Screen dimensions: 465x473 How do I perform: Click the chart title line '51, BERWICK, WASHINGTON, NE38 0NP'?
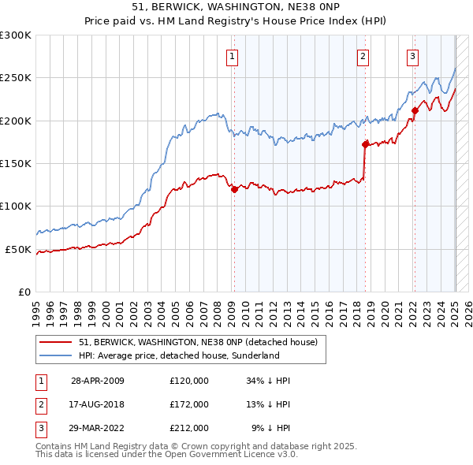pyautogui.click(x=236, y=6)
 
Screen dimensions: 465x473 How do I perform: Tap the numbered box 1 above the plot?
pyautogui.click(x=233, y=56)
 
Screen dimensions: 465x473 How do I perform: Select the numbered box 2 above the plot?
pyautogui.click(x=363, y=56)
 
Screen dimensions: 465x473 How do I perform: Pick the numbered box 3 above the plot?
pyautogui.click(x=412, y=56)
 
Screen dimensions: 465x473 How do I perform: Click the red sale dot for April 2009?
pyautogui.click(x=234, y=189)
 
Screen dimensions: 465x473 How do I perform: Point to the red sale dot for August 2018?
pyautogui.click(x=365, y=144)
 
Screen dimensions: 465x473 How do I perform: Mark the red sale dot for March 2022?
pyautogui.click(x=414, y=110)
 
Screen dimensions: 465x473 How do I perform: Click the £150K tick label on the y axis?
pyautogui.click(x=16, y=163)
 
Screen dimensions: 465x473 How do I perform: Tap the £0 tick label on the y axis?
pyautogui.click(x=24, y=292)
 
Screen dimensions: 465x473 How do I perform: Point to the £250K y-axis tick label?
pyautogui.click(x=16, y=78)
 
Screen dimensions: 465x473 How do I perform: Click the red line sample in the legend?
pyautogui.click(x=54, y=342)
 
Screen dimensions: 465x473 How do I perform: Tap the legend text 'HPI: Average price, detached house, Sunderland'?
pyautogui.click(x=179, y=355)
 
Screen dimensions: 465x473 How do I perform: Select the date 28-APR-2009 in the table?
pyautogui.click(x=98, y=381)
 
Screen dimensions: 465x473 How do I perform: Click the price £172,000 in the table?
pyautogui.click(x=189, y=404)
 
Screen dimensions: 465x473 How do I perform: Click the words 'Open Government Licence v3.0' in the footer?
pyautogui.click(x=233, y=455)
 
